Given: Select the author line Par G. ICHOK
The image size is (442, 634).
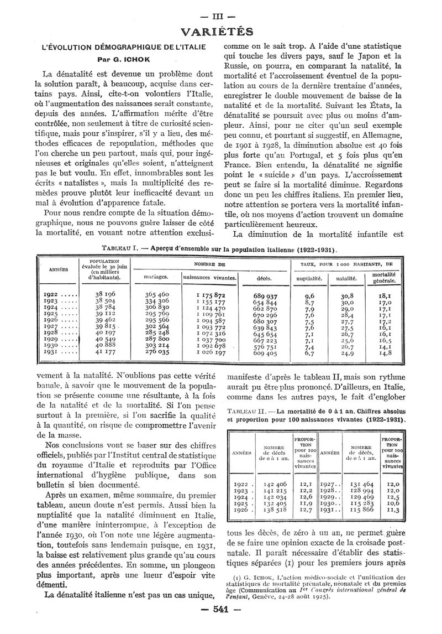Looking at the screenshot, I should [115, 58].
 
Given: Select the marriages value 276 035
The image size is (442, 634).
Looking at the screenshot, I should [156, 351].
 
